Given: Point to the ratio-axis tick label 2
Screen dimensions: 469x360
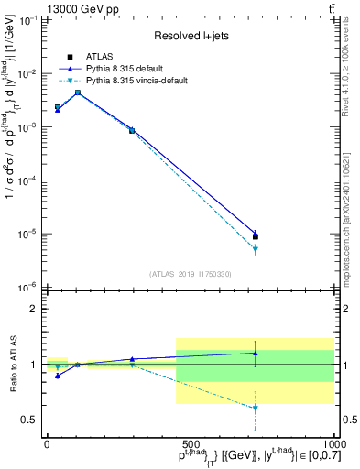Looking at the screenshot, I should coord(32,309).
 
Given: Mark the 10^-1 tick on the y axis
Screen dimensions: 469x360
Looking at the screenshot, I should coord(27,20).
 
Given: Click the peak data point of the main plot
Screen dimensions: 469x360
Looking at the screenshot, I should coord(78,93).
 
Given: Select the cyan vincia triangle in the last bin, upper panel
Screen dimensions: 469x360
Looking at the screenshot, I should coord(256,248).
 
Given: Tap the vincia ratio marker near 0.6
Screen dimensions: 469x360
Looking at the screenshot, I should coord(256,408).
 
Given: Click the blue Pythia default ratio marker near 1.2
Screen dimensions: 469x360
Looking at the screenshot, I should coord(256,353).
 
